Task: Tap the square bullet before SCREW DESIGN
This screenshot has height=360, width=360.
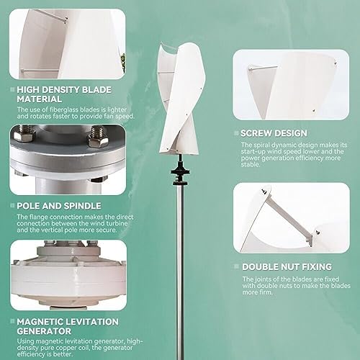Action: pyautogui.click(x=236, y=133)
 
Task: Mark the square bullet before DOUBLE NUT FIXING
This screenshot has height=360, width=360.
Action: pyautogui.click(x=236, y=266)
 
